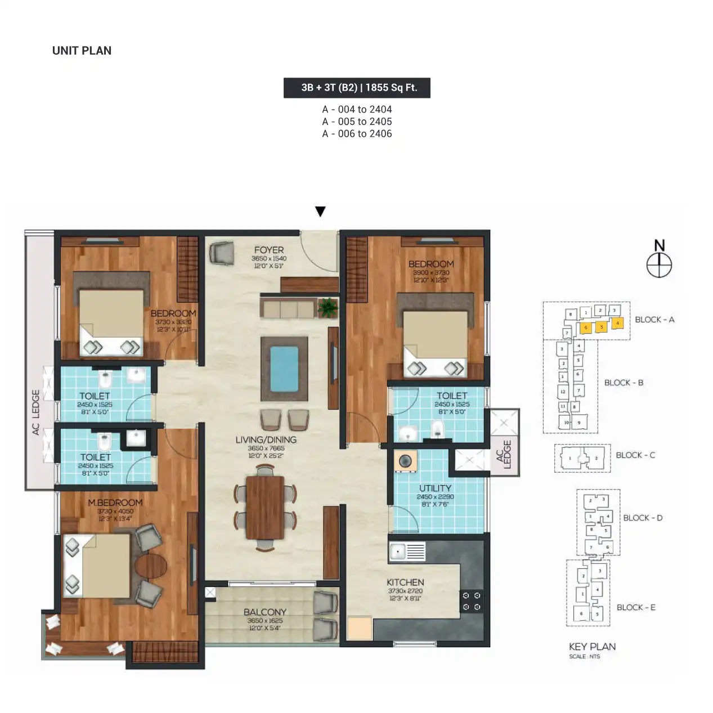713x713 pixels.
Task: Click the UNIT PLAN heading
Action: click(82, 51)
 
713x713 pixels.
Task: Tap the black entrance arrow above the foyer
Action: click(320, 212)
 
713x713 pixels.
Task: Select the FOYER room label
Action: click(268, 250)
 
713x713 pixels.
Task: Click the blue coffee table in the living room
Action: click(284, 369)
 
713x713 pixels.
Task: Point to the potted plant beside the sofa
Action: click(328, 308)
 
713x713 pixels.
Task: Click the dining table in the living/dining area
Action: click(265, 507)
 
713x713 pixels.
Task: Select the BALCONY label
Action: click(265, 612)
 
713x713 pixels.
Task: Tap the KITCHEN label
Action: click(405, 582)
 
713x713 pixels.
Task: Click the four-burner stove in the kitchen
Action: click(472, 601)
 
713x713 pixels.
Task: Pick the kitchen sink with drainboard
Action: click(407, 552)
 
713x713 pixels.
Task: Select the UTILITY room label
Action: click(435, 488)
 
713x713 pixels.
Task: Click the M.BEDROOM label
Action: click(115, 503)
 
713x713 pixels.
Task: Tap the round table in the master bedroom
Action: click(151, 566)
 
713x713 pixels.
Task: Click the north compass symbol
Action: click(659, 264)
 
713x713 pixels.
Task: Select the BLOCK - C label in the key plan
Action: click(635, 455)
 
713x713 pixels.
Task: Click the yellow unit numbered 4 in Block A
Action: click(617, 324)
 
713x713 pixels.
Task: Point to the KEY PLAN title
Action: click(592, 647)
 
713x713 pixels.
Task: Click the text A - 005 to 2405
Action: click(357, 122)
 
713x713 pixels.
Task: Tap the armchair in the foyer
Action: click(221, 253)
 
